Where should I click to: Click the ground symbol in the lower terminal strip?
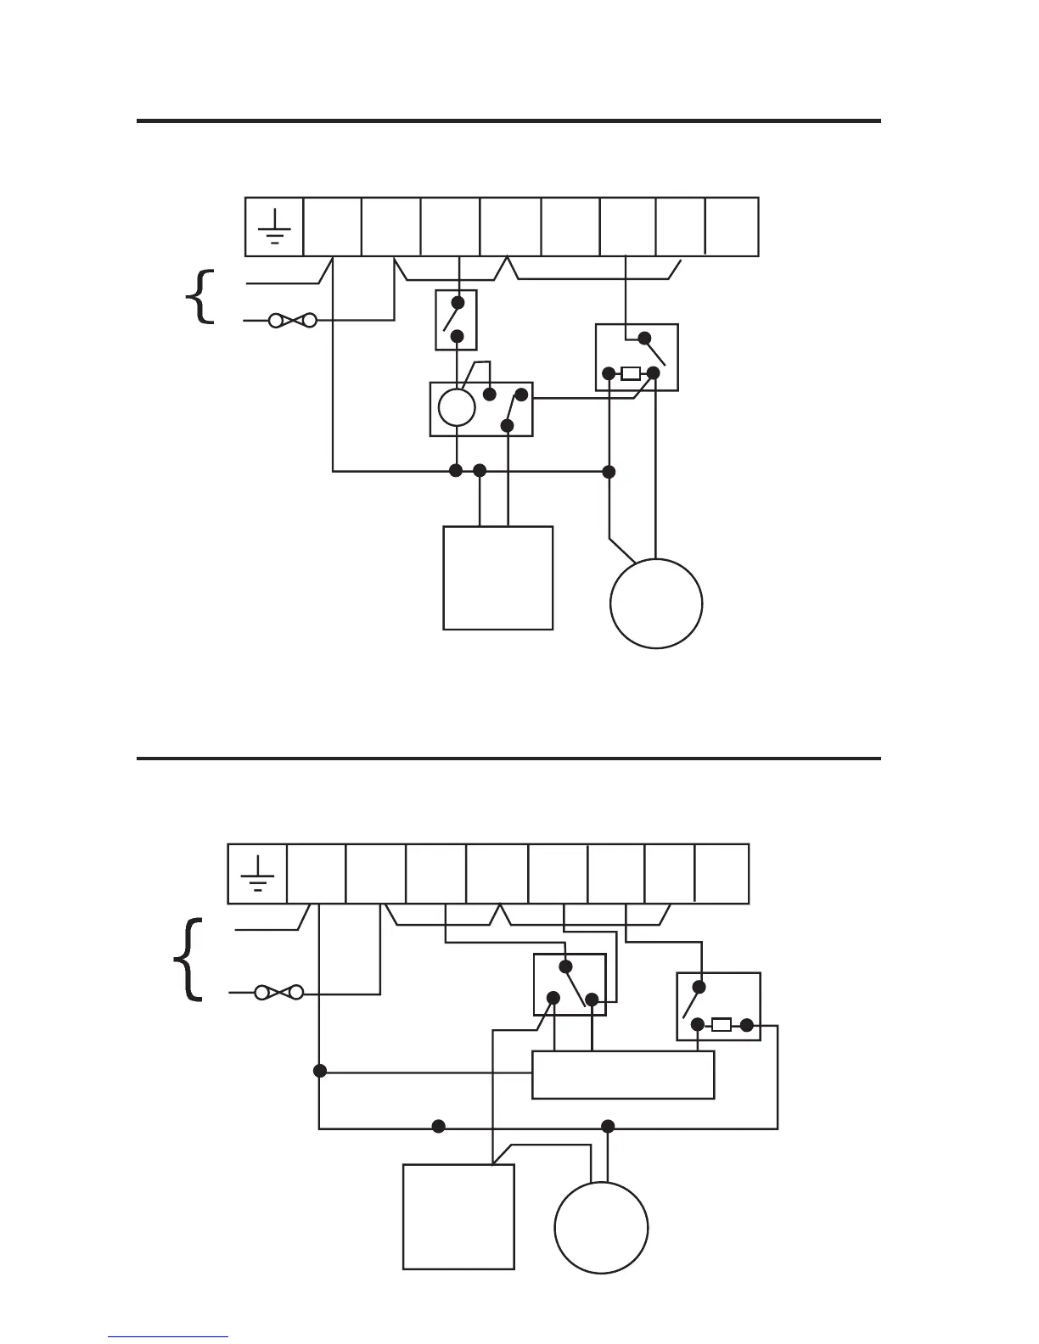point(257,874)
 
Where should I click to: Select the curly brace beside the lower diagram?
point(188,960)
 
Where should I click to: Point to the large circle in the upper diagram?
point(656,603)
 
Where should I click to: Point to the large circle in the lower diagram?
point(601,1228)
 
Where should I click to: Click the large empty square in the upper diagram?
point(498,578)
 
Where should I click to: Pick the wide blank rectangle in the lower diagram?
point(623,1075)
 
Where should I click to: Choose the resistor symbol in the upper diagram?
point(631,373)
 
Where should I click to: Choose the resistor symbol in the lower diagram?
point(721,1025)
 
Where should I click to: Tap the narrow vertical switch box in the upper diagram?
point(456,320)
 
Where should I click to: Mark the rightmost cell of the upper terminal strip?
point(732,227)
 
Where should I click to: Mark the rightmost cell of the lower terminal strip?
point(722,874)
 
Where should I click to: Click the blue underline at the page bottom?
point(168,1337)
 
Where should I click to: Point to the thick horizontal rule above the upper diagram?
point(508,121)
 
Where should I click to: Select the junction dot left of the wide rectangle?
point(320,1071)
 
